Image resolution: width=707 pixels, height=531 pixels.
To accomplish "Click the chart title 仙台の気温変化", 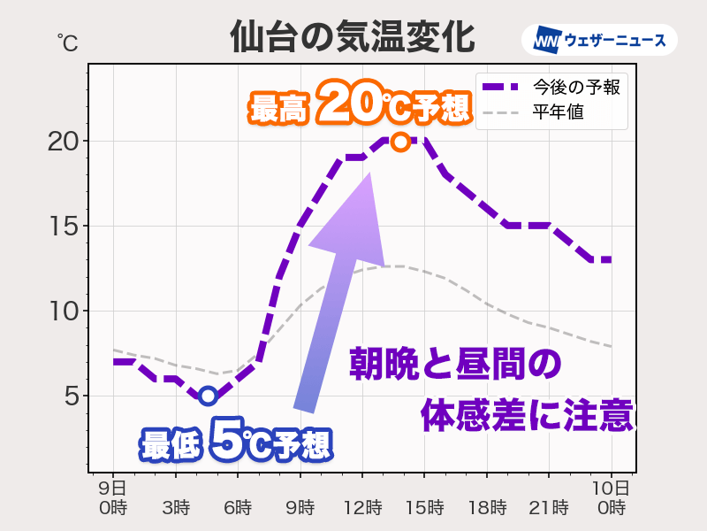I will pos(352,38).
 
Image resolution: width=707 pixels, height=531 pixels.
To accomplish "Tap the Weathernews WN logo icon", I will pos(549,40).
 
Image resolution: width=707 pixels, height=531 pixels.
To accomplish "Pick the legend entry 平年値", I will pos(558,112).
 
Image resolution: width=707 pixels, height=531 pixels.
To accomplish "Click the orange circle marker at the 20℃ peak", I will pos(399,142).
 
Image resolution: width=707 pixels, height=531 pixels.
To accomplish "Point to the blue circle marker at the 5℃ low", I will pos(208,396).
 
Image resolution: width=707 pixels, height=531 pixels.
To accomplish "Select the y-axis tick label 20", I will pos(67,142).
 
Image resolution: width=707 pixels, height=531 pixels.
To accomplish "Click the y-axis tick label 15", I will pos(67,227).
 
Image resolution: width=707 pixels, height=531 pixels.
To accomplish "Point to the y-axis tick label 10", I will pos(67,312).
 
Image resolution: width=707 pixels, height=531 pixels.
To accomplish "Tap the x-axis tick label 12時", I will pos(362,508).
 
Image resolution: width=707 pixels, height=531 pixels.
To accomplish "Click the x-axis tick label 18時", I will pos(486,508).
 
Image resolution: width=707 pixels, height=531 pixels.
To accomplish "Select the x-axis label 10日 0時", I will pos(611,497).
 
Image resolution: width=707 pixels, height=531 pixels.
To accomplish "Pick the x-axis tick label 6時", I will pos(238,508).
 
